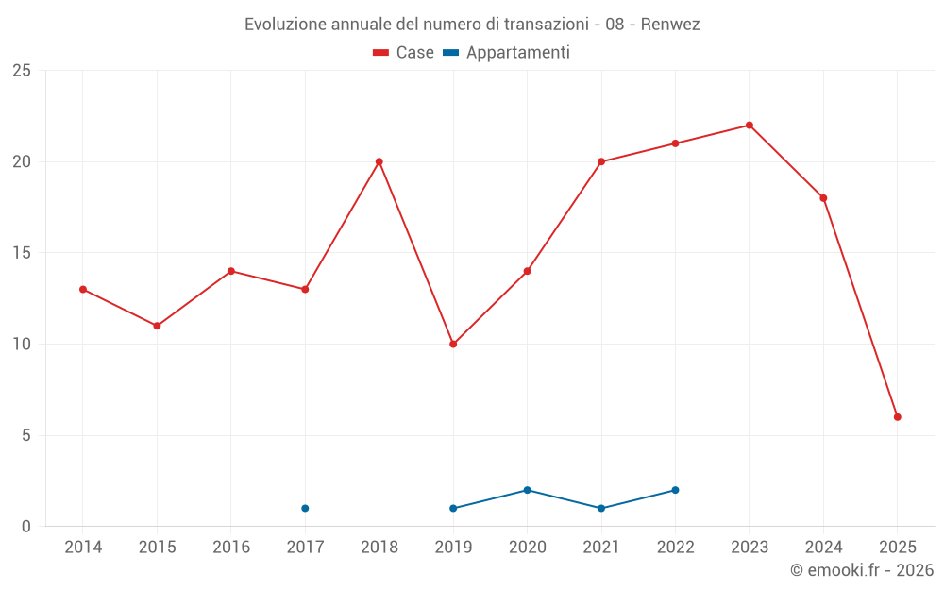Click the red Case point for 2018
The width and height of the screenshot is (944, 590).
tap(379, 161)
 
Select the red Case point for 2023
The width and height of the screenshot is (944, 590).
tap(750, 125)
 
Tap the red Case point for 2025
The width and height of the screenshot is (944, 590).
tap(898, 417)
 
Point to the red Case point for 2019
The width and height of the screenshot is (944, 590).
tap(453, 344)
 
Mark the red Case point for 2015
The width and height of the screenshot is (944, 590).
tap(157, 326)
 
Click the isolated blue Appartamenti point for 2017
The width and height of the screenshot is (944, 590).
tap(305, 508)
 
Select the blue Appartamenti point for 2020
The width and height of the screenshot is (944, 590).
tap(527, 490)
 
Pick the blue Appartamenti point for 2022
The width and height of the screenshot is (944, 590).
tap(675, 490)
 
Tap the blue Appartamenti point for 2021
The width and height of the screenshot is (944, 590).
tap(601, 508)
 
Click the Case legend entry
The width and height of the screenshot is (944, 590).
tap(404, 53)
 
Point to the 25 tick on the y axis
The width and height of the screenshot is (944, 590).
tap(22, 71)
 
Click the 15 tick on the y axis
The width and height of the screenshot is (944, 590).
tap(22, 253)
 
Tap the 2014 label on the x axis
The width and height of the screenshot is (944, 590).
tap(83, 548)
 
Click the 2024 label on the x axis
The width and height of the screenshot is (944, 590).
tap(823, 548)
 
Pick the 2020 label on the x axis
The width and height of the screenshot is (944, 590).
tap(527, 548)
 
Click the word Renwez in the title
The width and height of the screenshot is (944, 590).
tap(670, 25)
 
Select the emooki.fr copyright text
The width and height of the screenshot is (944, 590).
tap(862, 570)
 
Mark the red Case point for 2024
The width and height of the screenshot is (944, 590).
tap(823, 198)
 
